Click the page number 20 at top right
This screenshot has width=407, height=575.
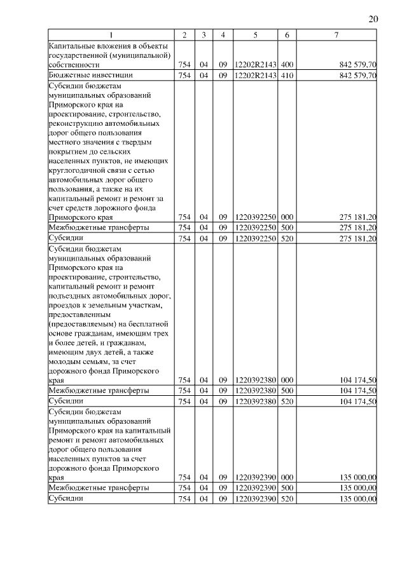coord(373,19)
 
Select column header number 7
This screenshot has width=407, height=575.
coord(336,35)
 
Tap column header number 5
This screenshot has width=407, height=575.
coord(255,35)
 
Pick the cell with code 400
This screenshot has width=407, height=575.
coord(287,64)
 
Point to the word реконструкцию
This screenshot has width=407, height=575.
coord(77,124)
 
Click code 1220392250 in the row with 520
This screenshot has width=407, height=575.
coord(255,238)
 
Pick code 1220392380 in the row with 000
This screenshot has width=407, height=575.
coord(255,380)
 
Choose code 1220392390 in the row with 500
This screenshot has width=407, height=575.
coord(255,488)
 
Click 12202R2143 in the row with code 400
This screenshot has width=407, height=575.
coord(255,64)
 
